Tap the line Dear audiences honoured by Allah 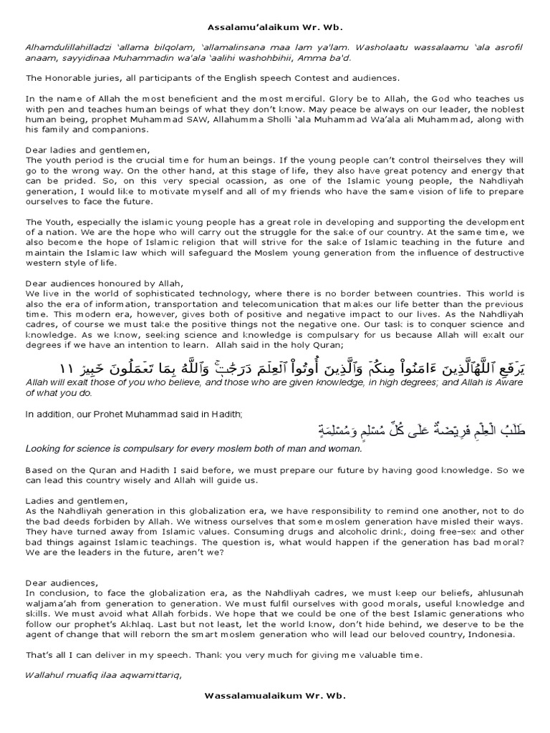105,283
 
